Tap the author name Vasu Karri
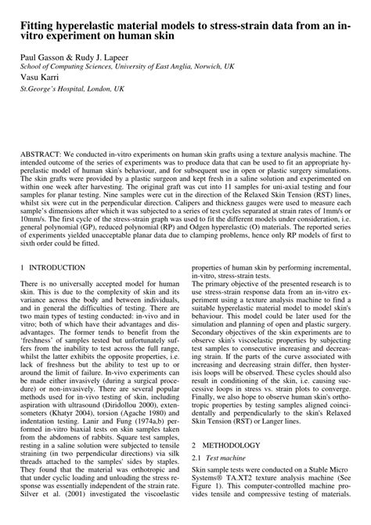click(38, 78)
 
